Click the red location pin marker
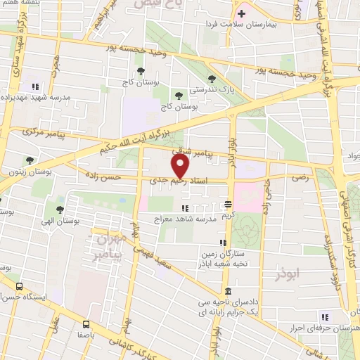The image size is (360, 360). [x=181, y=167]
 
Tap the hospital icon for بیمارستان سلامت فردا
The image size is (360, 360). [x=241, y=13]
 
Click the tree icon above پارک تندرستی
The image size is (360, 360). [x=212, y=78]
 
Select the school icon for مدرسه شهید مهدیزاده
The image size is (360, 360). [x=35, y=86]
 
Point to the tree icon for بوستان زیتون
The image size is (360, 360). [x=29, y=161]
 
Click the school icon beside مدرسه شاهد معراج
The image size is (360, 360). [x=184, y=208]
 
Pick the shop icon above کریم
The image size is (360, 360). [x=228, y=204]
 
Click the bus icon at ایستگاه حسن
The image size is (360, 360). [x=19, y=286]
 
